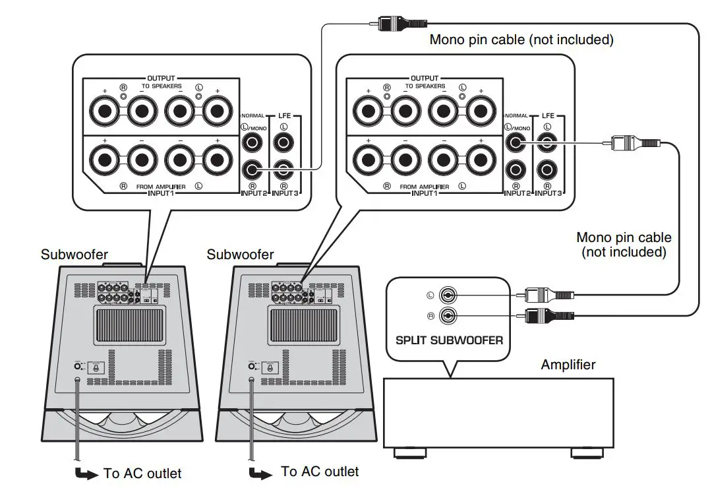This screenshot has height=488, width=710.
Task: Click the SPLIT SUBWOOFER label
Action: click(449, 340)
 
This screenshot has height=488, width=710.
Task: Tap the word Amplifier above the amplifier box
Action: click(568, 365)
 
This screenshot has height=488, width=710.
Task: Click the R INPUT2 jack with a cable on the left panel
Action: click(252, 170)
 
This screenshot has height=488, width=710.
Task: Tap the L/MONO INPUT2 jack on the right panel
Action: click(516, 142)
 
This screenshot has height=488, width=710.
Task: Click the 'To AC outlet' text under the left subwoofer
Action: click(142, 473)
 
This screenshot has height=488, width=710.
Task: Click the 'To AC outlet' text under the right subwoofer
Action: click(320, 471)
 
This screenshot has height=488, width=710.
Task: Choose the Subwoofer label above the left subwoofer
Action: click(74, 254)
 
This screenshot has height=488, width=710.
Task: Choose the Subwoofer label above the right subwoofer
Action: click(240, 254)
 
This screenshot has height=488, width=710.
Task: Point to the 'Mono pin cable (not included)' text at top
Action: click(521, 40)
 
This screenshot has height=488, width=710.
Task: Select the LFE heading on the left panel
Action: click(285, 116)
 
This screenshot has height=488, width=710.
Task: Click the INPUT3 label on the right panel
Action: click(549, 193)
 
